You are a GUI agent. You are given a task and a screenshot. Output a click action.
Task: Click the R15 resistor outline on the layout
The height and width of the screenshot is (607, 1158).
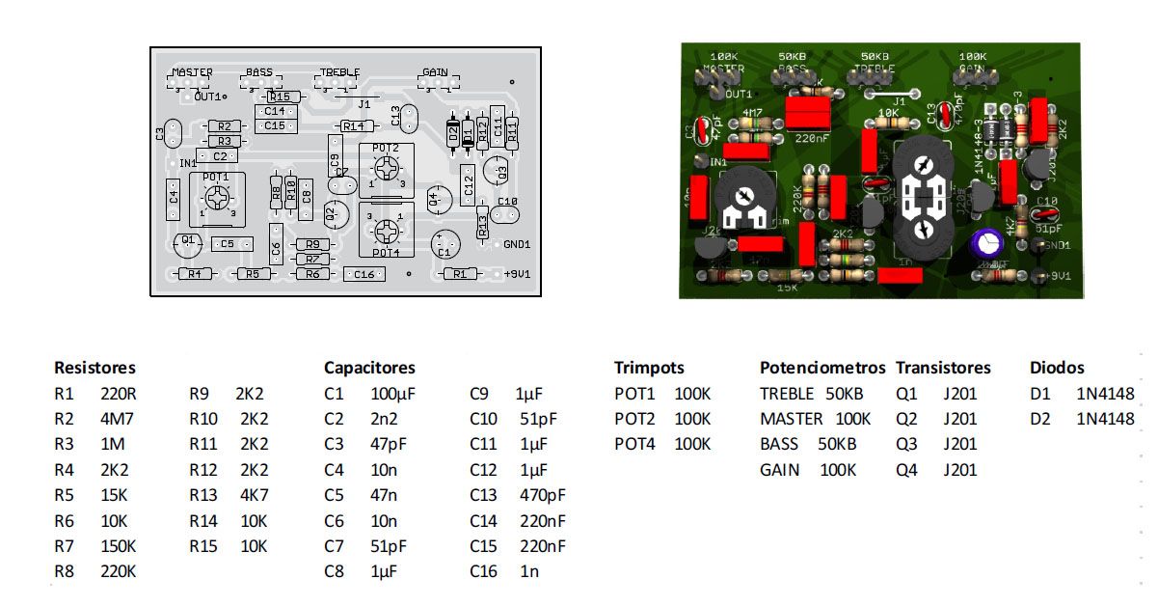(280, 97)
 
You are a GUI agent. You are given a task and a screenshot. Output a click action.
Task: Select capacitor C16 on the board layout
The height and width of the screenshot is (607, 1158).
(364, 275)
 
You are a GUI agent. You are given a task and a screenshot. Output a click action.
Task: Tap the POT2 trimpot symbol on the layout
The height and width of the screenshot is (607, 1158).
(387, 170)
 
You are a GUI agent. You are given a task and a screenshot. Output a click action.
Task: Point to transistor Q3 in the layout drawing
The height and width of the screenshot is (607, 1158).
(496, 172)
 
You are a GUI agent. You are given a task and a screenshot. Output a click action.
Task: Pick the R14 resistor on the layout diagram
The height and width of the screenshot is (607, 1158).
(354, 126)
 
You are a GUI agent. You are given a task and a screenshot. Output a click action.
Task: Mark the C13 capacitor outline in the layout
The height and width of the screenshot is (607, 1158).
(409, 118)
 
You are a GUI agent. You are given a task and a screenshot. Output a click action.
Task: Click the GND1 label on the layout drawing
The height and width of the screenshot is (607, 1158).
(517, 244)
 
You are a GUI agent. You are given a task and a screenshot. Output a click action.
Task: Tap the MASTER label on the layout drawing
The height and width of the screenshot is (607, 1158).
(193, 72)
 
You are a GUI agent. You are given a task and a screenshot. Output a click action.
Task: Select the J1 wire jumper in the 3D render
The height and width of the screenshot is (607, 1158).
(893, 94)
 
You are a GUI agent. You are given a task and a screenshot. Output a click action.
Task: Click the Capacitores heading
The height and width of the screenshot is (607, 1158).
(369, 368)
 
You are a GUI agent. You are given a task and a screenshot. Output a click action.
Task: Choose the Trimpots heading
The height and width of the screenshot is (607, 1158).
(649, 368)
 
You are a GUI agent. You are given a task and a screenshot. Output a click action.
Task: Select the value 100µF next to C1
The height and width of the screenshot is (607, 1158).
(392, 394)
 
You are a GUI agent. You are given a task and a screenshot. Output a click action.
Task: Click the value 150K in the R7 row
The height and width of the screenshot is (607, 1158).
(119, 546)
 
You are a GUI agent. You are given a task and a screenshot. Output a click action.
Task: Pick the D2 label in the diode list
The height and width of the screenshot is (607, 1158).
(1039, 419)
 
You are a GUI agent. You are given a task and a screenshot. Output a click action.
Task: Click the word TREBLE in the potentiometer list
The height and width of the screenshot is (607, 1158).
(787, 394)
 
